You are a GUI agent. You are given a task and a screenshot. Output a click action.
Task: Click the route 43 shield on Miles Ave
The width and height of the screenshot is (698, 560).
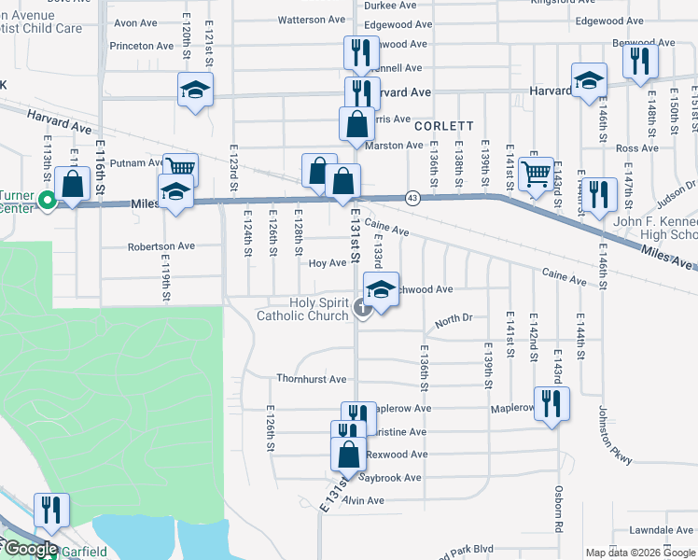point(412,197)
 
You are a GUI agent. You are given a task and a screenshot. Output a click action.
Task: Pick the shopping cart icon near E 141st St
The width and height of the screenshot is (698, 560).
point(536,172)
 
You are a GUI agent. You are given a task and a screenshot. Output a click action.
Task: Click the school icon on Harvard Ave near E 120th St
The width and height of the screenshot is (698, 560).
point(195,90)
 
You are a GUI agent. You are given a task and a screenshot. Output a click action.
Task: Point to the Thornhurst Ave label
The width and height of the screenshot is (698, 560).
point(311,379)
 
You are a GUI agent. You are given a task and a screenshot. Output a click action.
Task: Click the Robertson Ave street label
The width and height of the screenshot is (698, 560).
point(161,246)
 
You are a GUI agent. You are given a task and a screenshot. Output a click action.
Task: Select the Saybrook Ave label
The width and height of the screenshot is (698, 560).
point(391,478)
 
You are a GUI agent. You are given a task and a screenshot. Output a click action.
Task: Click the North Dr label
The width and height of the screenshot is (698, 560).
point(454,318)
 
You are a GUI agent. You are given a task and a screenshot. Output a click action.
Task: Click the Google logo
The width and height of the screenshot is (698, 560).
point(30,549)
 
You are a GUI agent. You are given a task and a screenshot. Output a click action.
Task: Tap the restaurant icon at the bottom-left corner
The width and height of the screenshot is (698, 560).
point(50,509)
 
